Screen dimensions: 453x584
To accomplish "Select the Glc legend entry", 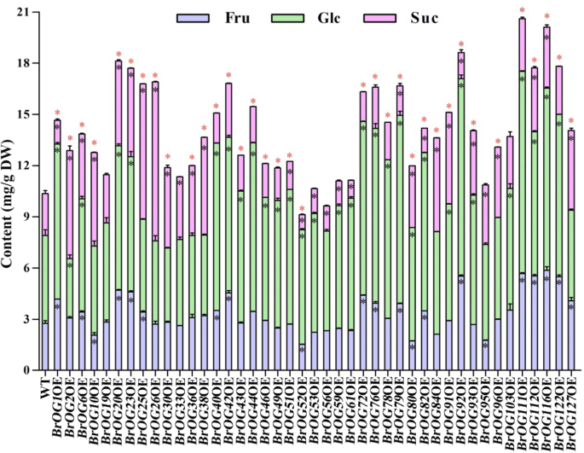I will tap(309, 17).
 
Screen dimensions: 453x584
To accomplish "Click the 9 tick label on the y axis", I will tap(26, 217).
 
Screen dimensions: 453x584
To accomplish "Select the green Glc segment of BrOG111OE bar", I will tap(522, 171).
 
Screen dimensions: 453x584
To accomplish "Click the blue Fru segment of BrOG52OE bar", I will tap(302, 357).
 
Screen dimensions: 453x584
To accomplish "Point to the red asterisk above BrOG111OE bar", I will tap(522, 11).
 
